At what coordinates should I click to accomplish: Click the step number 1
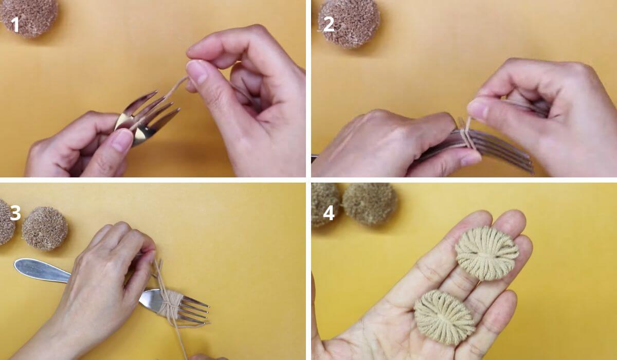[15, 25]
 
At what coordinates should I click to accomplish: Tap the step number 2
[329, 25]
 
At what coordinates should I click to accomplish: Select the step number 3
[15, 212]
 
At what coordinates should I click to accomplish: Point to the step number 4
[329, 212]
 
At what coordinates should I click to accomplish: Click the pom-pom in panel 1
[29, 17]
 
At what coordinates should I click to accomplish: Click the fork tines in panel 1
[150, 116]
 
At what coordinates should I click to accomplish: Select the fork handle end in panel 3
[41, 271]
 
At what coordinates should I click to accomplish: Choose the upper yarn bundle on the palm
[487, 253]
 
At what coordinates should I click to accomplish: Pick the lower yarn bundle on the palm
[444, 317]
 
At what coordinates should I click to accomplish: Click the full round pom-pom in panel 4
[369, 203]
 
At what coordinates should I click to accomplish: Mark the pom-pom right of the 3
[45, 228]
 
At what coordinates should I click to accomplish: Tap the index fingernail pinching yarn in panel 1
[196, 71]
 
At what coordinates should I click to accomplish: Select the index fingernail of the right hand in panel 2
[477, 109]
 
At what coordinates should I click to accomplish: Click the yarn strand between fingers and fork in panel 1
[176, 87]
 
